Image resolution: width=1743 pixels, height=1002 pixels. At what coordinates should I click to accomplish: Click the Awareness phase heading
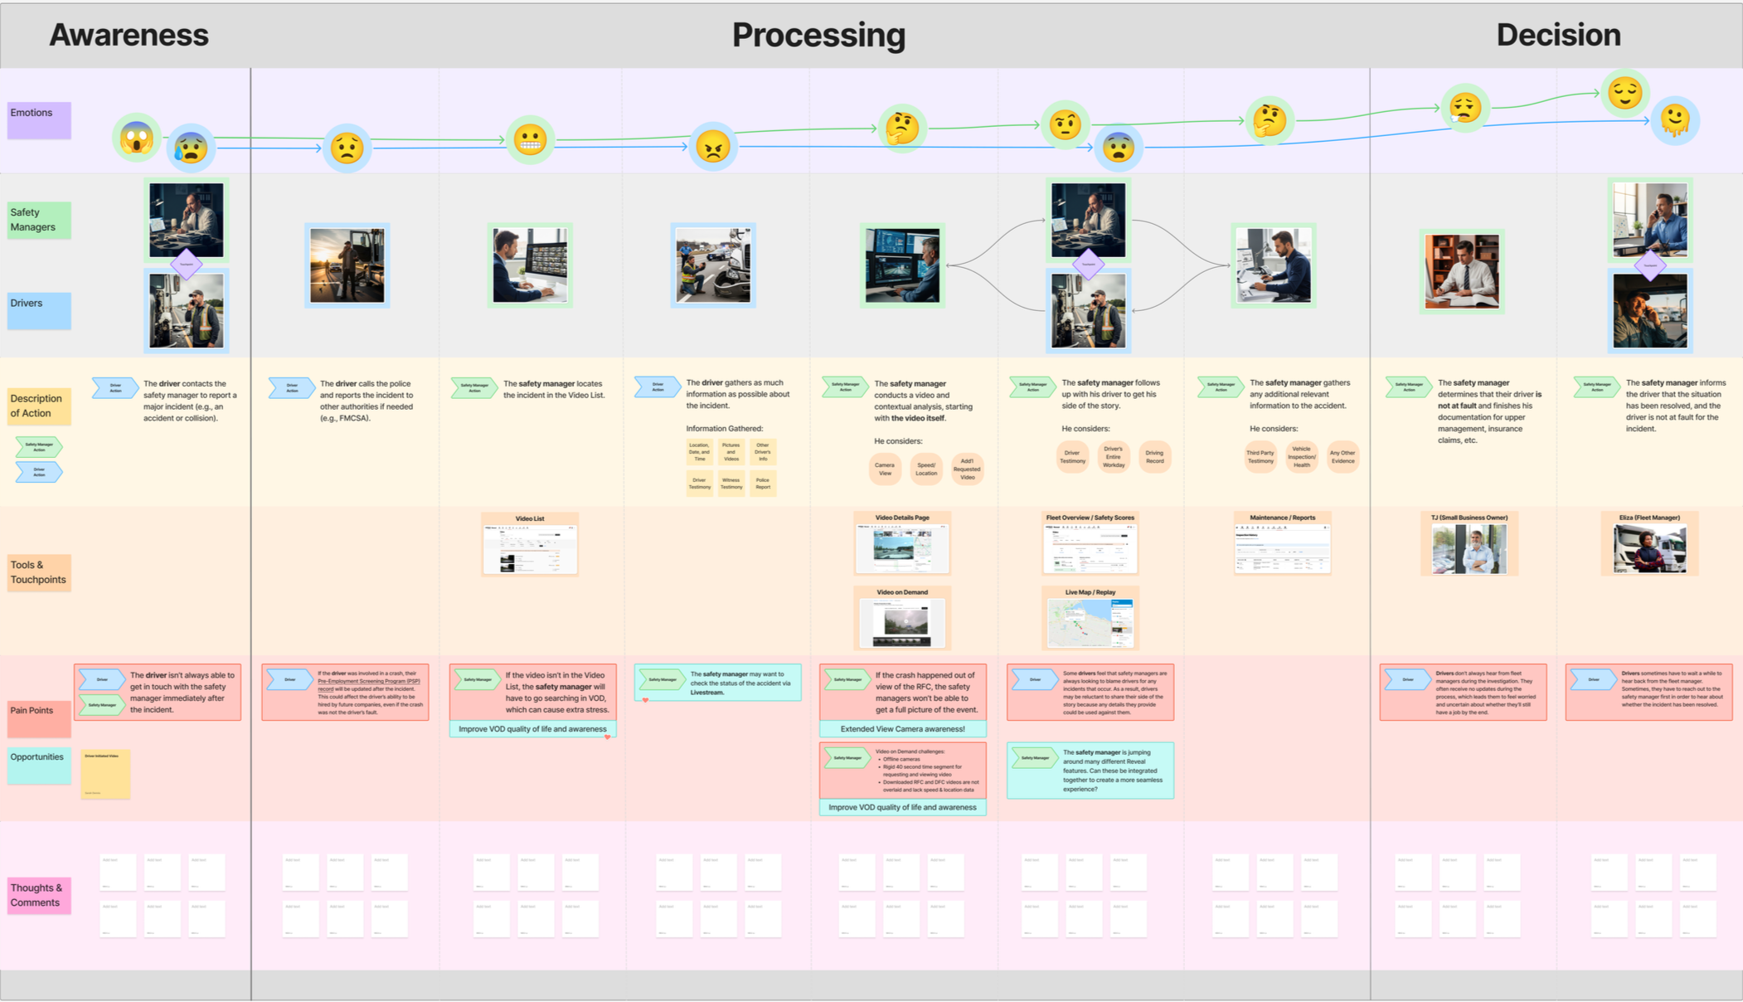tap(129, 35)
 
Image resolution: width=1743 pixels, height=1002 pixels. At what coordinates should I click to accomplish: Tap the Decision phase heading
tap(1557, 35)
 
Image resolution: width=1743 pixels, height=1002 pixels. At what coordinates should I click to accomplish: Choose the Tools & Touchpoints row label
tap(39, 572)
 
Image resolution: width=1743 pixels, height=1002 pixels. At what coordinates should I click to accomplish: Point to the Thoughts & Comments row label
tap(39, 895)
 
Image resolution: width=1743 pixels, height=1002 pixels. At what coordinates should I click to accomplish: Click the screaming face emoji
tap(136, 137)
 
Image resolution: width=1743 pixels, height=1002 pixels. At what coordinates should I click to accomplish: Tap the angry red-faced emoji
tap(712, 147)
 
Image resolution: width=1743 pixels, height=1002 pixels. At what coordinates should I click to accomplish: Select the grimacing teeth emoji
tap(530, 139)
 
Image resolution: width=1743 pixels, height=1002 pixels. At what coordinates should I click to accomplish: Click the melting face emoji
tap(1674, 121)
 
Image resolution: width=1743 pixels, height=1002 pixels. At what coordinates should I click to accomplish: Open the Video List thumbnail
tap(530, 550)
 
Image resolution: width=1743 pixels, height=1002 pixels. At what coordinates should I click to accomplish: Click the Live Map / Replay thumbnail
tap(1090, 623)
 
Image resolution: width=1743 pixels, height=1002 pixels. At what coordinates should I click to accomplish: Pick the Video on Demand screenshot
tap(902, 623)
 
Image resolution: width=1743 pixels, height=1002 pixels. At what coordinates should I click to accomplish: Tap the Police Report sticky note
tap(762, 483)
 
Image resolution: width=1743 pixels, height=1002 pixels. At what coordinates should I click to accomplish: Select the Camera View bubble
tap(884, 469)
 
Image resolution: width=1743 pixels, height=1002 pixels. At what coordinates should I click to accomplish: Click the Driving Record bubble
tap(1154, 457)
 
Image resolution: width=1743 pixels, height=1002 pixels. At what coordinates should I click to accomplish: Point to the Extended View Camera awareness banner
tap(902, 729)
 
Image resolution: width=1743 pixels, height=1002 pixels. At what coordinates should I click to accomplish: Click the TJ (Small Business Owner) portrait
tap(1469, 549)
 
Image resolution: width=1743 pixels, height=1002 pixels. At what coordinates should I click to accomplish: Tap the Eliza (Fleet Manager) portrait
tap(1649, 549)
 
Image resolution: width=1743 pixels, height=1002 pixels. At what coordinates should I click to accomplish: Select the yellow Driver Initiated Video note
tap(105, 774)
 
